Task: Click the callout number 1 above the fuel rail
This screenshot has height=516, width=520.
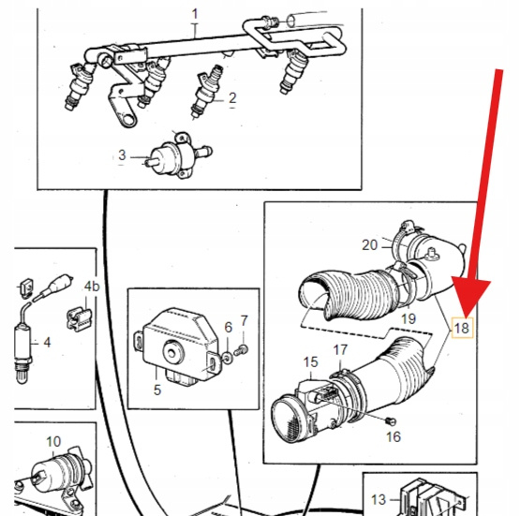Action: [195, 14]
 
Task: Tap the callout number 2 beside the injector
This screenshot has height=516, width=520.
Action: [232, 98]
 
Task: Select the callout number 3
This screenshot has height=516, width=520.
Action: [122, 155]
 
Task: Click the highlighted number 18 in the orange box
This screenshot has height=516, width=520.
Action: [462, 328]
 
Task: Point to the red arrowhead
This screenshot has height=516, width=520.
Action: [470, 298]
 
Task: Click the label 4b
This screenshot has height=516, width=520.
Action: [92, 286]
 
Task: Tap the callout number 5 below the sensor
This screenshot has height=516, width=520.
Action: [157, 391]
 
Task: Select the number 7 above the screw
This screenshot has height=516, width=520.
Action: [245, 321]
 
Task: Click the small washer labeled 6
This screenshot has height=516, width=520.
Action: [228, 358]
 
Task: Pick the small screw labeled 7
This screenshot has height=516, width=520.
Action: [241, 350]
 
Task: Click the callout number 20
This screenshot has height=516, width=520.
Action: [370, 245]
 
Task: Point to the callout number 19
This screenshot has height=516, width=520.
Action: [409, 318]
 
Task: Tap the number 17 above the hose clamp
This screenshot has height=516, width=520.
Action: [340, 350]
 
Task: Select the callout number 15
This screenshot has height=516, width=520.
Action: [311, 361]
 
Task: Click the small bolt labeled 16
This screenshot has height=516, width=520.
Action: [391, 421]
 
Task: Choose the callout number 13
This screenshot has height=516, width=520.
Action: [379, 500]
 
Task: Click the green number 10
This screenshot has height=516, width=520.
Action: [53, 441]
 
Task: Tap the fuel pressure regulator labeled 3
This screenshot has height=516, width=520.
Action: [178, 155]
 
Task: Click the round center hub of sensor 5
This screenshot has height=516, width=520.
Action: [172, 353]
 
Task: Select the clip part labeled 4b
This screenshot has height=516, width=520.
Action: [79, 318]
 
